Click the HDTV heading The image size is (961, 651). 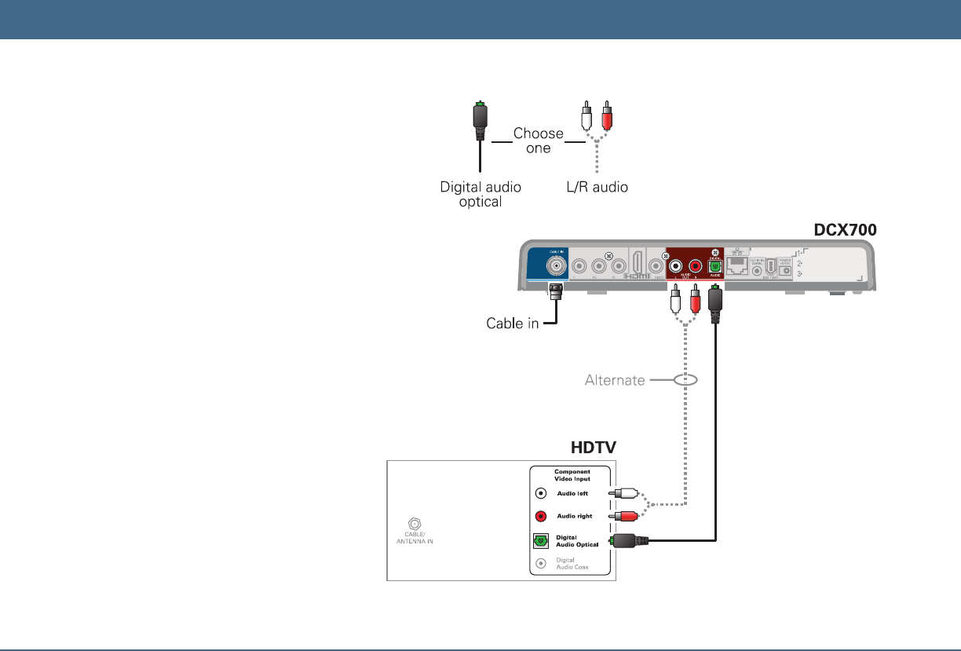(593, 447)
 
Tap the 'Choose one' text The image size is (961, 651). (538, 141)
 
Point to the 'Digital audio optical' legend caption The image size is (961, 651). (480, 194)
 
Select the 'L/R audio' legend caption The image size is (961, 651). (597, 188)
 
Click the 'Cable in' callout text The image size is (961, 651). (512, 323)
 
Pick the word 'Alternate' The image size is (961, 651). (615, 380)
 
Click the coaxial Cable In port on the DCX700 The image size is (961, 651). (557, 266)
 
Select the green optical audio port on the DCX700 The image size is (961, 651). (714, 266)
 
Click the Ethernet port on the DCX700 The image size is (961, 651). (738, 265)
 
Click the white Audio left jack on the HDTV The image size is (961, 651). (541, 494)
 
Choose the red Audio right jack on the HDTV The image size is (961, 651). (541, 517)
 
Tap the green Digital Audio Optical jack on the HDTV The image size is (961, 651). (541, 541)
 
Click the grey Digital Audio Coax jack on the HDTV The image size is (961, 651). (541, 563)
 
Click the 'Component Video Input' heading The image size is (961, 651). (572, 475)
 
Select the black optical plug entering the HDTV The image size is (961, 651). (633, 540)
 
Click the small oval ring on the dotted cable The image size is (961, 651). (685, 379)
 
